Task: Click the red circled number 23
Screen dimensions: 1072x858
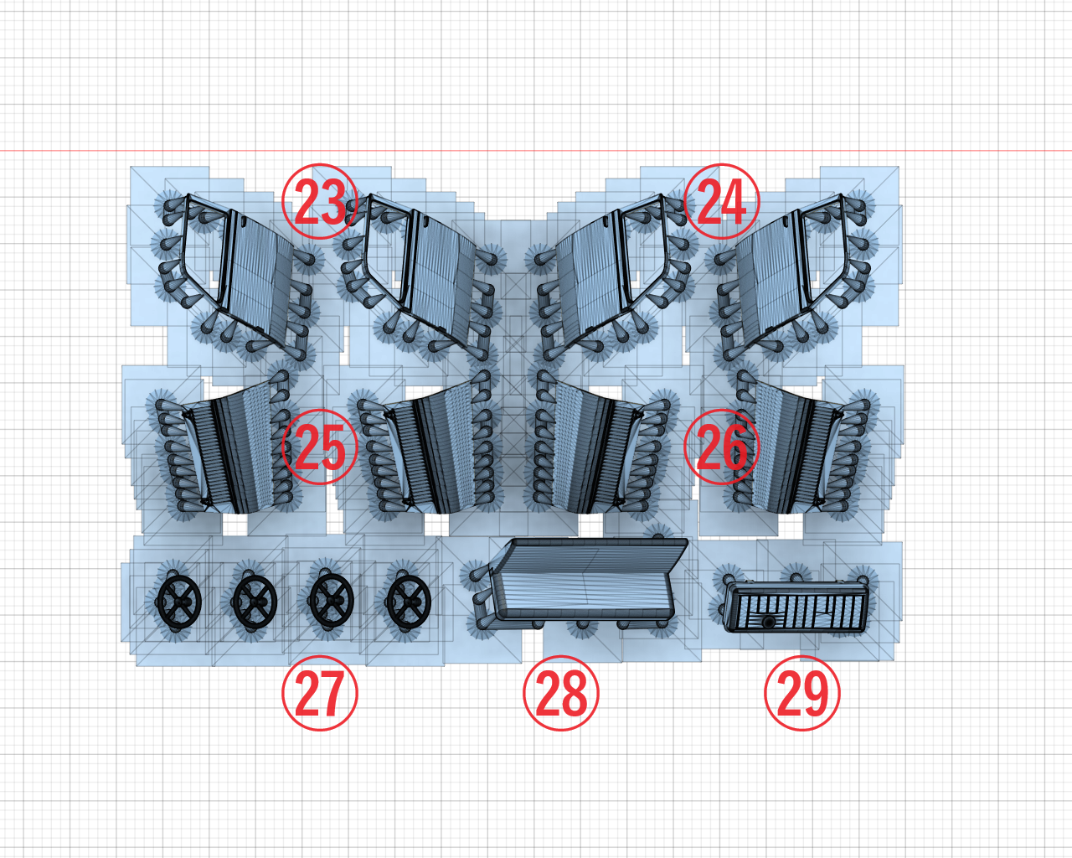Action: point(320,201)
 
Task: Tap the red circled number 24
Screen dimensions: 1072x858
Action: point(722,201)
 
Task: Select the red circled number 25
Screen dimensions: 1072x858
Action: point(320,447)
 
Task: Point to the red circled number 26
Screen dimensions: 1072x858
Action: point(722,447)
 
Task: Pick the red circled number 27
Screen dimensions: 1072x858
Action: point(320,694)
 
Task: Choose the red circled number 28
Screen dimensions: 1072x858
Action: point(561,694)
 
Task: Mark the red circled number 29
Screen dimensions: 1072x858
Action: point(802,694)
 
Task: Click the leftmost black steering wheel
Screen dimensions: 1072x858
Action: point(179,602)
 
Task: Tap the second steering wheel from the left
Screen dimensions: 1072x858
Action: point(255,602)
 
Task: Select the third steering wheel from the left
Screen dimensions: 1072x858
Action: point(332,601)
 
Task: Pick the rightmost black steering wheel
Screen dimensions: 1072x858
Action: point(409,602)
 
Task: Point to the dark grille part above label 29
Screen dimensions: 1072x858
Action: point(796,607)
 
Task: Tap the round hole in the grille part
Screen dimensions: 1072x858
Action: point(769,623)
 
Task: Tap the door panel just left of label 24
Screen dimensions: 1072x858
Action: point(613,269)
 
